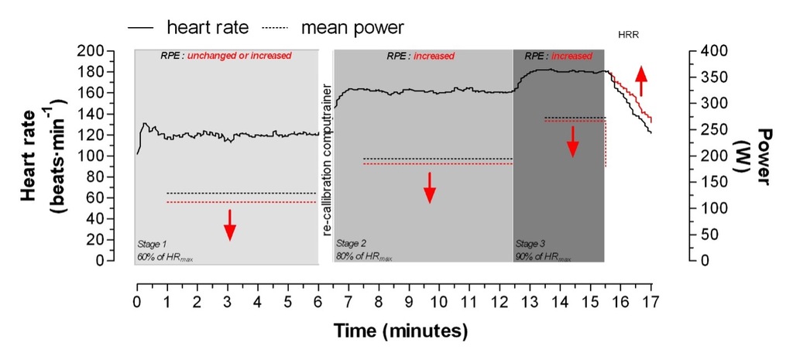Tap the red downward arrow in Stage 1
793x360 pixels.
(230, 224)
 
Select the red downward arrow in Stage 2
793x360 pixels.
(430, 187)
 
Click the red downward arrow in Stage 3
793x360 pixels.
(572, 142)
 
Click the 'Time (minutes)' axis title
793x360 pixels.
(401, 331)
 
